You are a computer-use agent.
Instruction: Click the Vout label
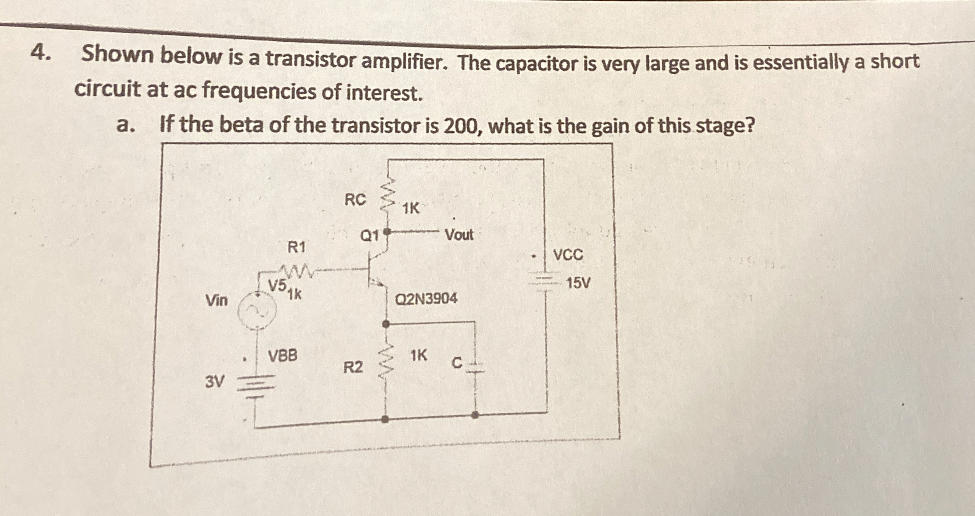click(459, 235)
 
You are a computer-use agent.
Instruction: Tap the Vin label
click(216, 300)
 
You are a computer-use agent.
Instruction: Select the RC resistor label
click(355, 200)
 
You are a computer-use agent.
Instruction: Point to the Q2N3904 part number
click(426, 299)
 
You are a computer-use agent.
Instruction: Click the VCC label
click(568, 255)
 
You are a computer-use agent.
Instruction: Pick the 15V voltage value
click(578, 283)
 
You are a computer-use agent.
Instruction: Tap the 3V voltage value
click(215, 382)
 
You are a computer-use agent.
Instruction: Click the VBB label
click(283, 355)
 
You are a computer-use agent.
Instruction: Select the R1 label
click(296, 247)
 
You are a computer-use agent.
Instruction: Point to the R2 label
click(353, 367)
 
